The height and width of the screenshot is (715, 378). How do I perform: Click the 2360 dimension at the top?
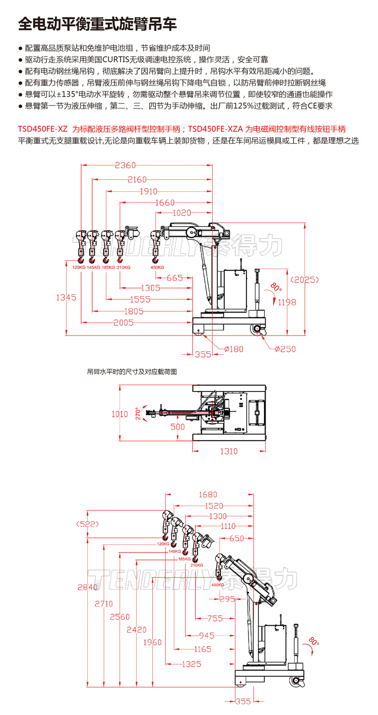point(126,165)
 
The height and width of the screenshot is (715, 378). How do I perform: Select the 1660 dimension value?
point(165,203)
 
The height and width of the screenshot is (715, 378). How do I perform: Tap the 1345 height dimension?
point(66,298)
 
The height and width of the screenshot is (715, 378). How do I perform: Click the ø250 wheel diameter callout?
point(285,349)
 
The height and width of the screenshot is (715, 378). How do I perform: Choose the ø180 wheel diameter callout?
point(233,349)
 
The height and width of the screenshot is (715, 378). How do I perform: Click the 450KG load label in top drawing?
point(157,267)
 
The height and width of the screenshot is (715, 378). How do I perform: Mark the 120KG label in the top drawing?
point(79,267)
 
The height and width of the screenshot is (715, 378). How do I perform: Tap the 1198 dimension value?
point(287,302)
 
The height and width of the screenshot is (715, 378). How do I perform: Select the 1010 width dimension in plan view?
point(119,414)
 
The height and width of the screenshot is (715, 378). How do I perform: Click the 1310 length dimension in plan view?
point(229,451)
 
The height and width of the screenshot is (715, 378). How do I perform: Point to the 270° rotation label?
point(137,414)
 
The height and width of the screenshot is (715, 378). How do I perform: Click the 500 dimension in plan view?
point(177,426)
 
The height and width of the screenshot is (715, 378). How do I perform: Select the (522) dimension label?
point(87,524)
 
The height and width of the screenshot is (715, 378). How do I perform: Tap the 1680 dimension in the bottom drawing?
point(208,494)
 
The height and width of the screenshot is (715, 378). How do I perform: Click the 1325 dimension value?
point(192,664)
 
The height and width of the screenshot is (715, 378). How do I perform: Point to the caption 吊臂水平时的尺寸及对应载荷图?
point(132,371)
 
